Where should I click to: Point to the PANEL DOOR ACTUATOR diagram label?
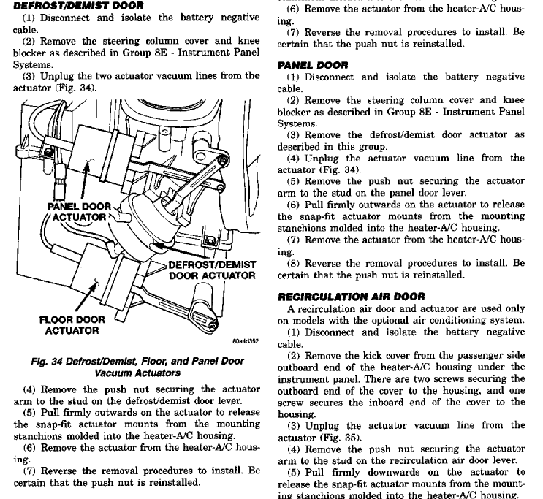pyautogui.click(x=78, y=211)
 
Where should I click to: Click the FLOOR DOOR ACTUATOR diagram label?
pyautogui.click(x=72, y=325)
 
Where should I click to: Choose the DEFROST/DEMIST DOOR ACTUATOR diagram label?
pyautogui.click(x=212, y=270)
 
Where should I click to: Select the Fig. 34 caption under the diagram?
pyautogui.click(x=137, y=367)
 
